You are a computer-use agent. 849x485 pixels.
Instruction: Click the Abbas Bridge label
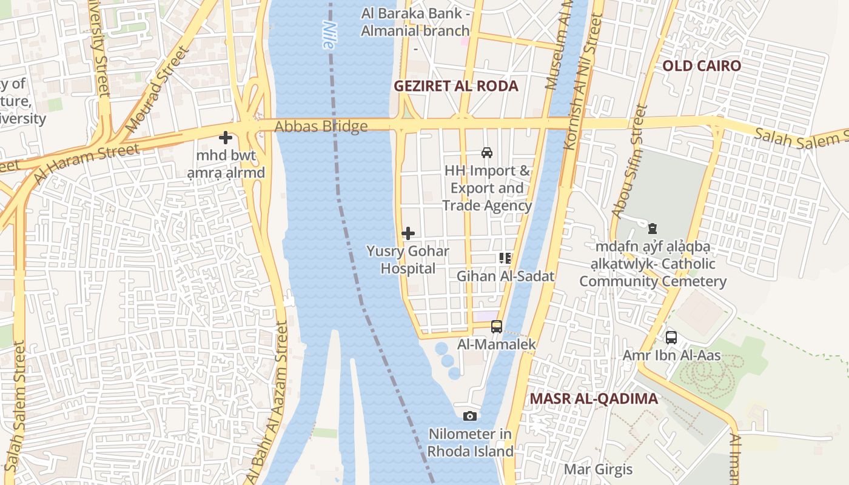tap(321, 127)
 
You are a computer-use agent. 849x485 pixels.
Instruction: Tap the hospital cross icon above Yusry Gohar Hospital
tap(408, 233)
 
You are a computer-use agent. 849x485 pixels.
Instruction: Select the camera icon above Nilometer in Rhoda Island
tap(469, 416)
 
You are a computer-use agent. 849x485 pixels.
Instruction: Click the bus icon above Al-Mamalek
tap(497, 327)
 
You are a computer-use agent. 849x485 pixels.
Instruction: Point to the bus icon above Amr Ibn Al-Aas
tap(671, 337)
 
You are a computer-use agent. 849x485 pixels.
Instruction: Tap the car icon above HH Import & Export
tap(486, 152)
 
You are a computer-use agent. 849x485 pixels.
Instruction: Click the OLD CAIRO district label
tap(701, 65)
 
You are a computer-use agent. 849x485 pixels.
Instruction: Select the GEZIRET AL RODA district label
tap(456, 86)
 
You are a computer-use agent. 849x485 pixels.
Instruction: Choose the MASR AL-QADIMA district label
tap(594, 399)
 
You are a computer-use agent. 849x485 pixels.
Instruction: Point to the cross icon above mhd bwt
tap(226, 138)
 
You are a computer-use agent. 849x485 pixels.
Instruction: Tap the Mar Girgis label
tap(598, 469)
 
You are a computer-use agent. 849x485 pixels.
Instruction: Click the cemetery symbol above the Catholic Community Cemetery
tap(652, 229)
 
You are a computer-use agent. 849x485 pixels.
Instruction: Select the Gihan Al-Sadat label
tap(505, 276)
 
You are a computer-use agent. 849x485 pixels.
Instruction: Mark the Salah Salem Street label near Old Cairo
tap(800, 136)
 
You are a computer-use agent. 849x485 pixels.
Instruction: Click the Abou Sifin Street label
tap(630, 161)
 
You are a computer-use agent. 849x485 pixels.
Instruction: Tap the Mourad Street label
tap(155, 91)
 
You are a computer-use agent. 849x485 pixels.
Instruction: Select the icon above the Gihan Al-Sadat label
tap(505, 258)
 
